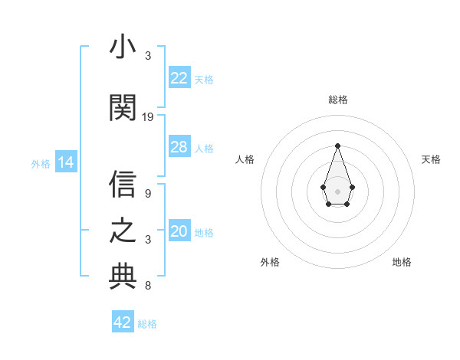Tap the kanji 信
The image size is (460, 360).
click(123, 185)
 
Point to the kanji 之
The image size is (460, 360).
click(123, 231)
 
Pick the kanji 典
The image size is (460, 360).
click(123, 277)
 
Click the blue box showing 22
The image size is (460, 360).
click(179, 78)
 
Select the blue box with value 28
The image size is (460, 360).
click(179, 147)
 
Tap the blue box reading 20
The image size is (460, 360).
click(179, 232)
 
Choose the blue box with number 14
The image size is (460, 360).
click(65, 162)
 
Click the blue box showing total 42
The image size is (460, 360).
click(123, 322)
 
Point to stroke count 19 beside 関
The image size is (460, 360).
click(148, 117)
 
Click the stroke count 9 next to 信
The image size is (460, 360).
click(148, 194)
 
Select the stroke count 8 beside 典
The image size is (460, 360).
click(148, 286)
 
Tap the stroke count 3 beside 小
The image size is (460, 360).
click(148, 56)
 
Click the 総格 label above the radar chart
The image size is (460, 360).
click(337, 100)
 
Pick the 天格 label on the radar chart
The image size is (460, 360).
click(431, 159)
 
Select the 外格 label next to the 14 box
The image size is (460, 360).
click(40, 163)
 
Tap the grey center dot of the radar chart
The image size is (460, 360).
click(337, 190)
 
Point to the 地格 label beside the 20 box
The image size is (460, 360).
click(204, 233)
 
